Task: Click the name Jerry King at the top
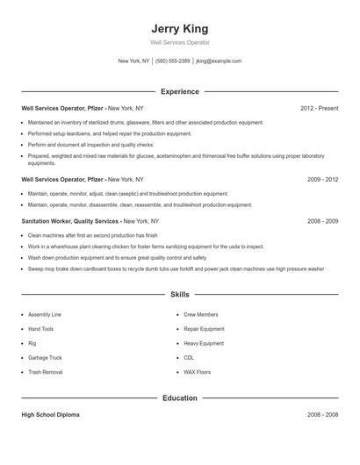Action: click(179, 28)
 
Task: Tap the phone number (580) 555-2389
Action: click(173, 61)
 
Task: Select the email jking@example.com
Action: click(219, 61)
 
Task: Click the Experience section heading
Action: click(179, 91)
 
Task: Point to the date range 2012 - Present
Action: click(319, 108)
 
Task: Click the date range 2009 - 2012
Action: click(322, 179)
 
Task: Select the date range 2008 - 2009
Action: click(322, 221)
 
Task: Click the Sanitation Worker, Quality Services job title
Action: click(71, 221)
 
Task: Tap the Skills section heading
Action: click(179, 296)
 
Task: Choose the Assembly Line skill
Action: click(45, 314)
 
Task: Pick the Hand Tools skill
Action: click(41, 329)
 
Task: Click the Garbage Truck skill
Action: click(45, 358)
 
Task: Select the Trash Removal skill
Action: click(45, 372)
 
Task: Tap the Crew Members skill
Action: click(200, 314)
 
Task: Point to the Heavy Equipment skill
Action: click(204, 343)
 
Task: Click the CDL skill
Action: click(189, 358)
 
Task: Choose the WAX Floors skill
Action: click(197, 372)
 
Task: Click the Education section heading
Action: click(179, 397)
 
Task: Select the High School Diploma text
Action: click(51, 414)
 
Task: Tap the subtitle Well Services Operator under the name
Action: click(179, 42)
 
